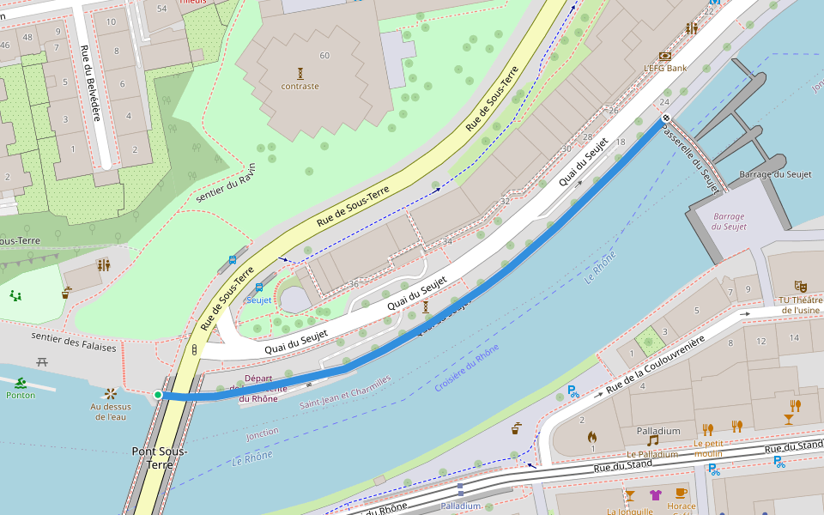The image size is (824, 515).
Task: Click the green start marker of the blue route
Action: click(158, 395)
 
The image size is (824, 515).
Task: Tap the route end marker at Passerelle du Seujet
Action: click(665, 118)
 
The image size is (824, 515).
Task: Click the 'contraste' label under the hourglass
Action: click(300, 86)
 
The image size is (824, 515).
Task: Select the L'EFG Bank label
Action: click(665, 68)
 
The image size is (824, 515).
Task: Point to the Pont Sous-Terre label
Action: click(160, 457)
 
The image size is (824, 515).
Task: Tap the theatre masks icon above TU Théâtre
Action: click(800, 285)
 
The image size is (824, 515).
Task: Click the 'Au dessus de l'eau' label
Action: click(111, 411)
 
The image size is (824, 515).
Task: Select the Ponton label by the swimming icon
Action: click(21, 395)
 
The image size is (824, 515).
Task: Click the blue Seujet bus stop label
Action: click(258, 300)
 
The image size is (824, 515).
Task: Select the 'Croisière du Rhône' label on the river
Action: click(466, 368)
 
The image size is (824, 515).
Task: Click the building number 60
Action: click(324, 56)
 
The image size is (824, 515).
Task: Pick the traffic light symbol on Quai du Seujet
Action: click(194, 350)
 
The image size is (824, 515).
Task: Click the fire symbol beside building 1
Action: click(592, 437)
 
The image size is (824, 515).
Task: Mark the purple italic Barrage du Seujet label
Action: click(729, 221)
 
